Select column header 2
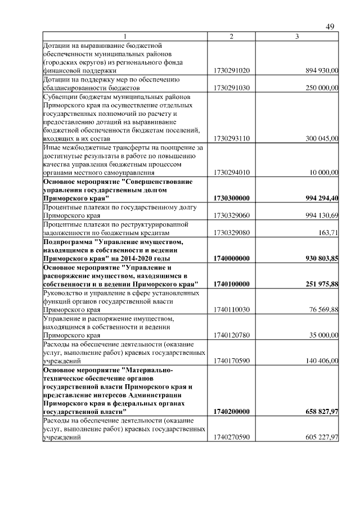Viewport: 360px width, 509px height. click(231, 37)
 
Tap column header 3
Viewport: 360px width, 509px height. click(297, 37)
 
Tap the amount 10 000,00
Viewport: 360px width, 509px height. click(323, 173)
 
